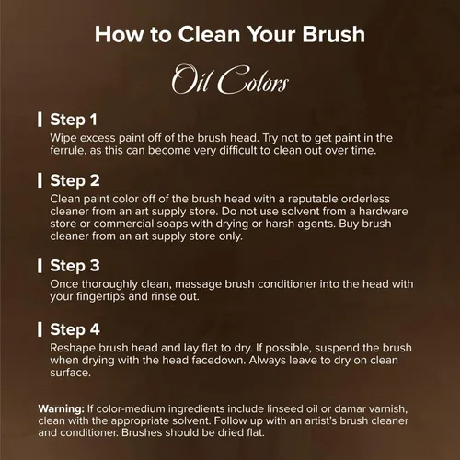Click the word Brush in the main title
pyautogui.click(x=334, y=34)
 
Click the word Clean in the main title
pyautogui.click(x=209, y=34)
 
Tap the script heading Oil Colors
pyautogui.click(x=230, y=79)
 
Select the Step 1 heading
pyautogui.click(x=74, y=120)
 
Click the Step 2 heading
pyautogui.click(x=75, y=180)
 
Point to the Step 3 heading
pyautogui.click(x=75, y=266)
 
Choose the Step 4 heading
pyautogui.click(x=75, y=329)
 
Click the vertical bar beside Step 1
pyautogui.click(x=40, y=120)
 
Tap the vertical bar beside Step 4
pyautogui.click(x=40, y=329)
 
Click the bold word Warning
pyautogui.click(x=62, y=408)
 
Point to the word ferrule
pyautogui.click(x=68, y=151)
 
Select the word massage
pyautogui.click(x=199, y=284)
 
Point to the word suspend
pyautogui.click(x=337, y=348)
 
